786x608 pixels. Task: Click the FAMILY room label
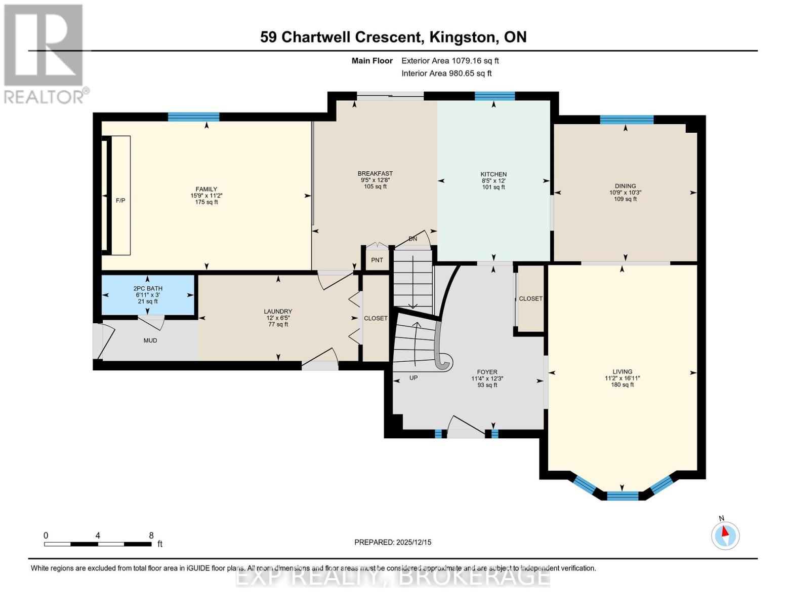(x=206, y=189)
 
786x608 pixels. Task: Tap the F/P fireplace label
(x=120, y=201)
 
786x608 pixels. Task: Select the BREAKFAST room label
(x=375, y=174)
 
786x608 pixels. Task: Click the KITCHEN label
(x=493, y=174)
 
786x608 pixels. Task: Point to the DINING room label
(x=625, y=186)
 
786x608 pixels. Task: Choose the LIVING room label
(x=622, y=371)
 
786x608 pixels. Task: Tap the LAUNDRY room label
(x=278, y=312)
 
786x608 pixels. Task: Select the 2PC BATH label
(x=148, y=288)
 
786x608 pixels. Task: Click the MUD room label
(x=150, y=340)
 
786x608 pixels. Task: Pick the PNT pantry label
(x=377, y=260)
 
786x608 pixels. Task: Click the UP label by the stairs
(x=413, y=377)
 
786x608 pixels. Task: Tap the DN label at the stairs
(x=413, y=239)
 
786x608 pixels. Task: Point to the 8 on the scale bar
(x=151, y=535)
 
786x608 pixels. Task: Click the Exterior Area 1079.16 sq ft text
(x=450, y=61)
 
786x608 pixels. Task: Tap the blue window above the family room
(x=193, y=117)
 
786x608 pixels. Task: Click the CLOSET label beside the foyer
(x=530, y=299)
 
